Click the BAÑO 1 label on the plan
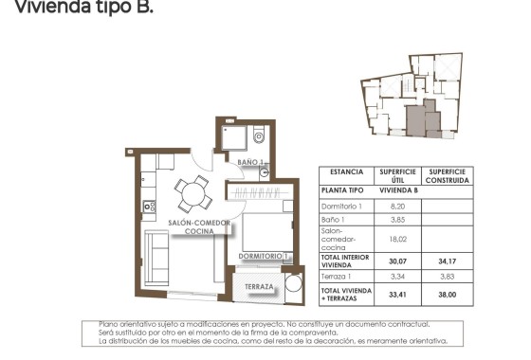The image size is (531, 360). pyautogui.click(x=248, y=163)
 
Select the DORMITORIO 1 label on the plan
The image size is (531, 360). pyautogui.click(x=263, y=256)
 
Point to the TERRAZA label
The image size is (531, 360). pyautogui.click(x=259, y=287)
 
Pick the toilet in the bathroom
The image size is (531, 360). pyautogui.click(x=259, y=136)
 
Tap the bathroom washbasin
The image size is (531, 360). pyautogui.click(x=264, y=171)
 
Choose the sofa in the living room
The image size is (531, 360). pyautogui.click(x=156, y=254)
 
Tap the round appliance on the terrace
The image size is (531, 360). pyautogui.click(x=292, y=286)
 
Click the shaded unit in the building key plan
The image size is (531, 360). pyautogui.click(x=418, y=121)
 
